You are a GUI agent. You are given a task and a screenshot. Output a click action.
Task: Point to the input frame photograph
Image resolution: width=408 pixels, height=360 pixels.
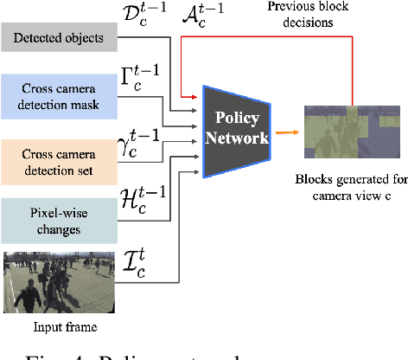click(55, 282)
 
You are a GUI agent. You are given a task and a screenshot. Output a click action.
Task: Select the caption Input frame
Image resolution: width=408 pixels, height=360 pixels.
click(55, 328)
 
